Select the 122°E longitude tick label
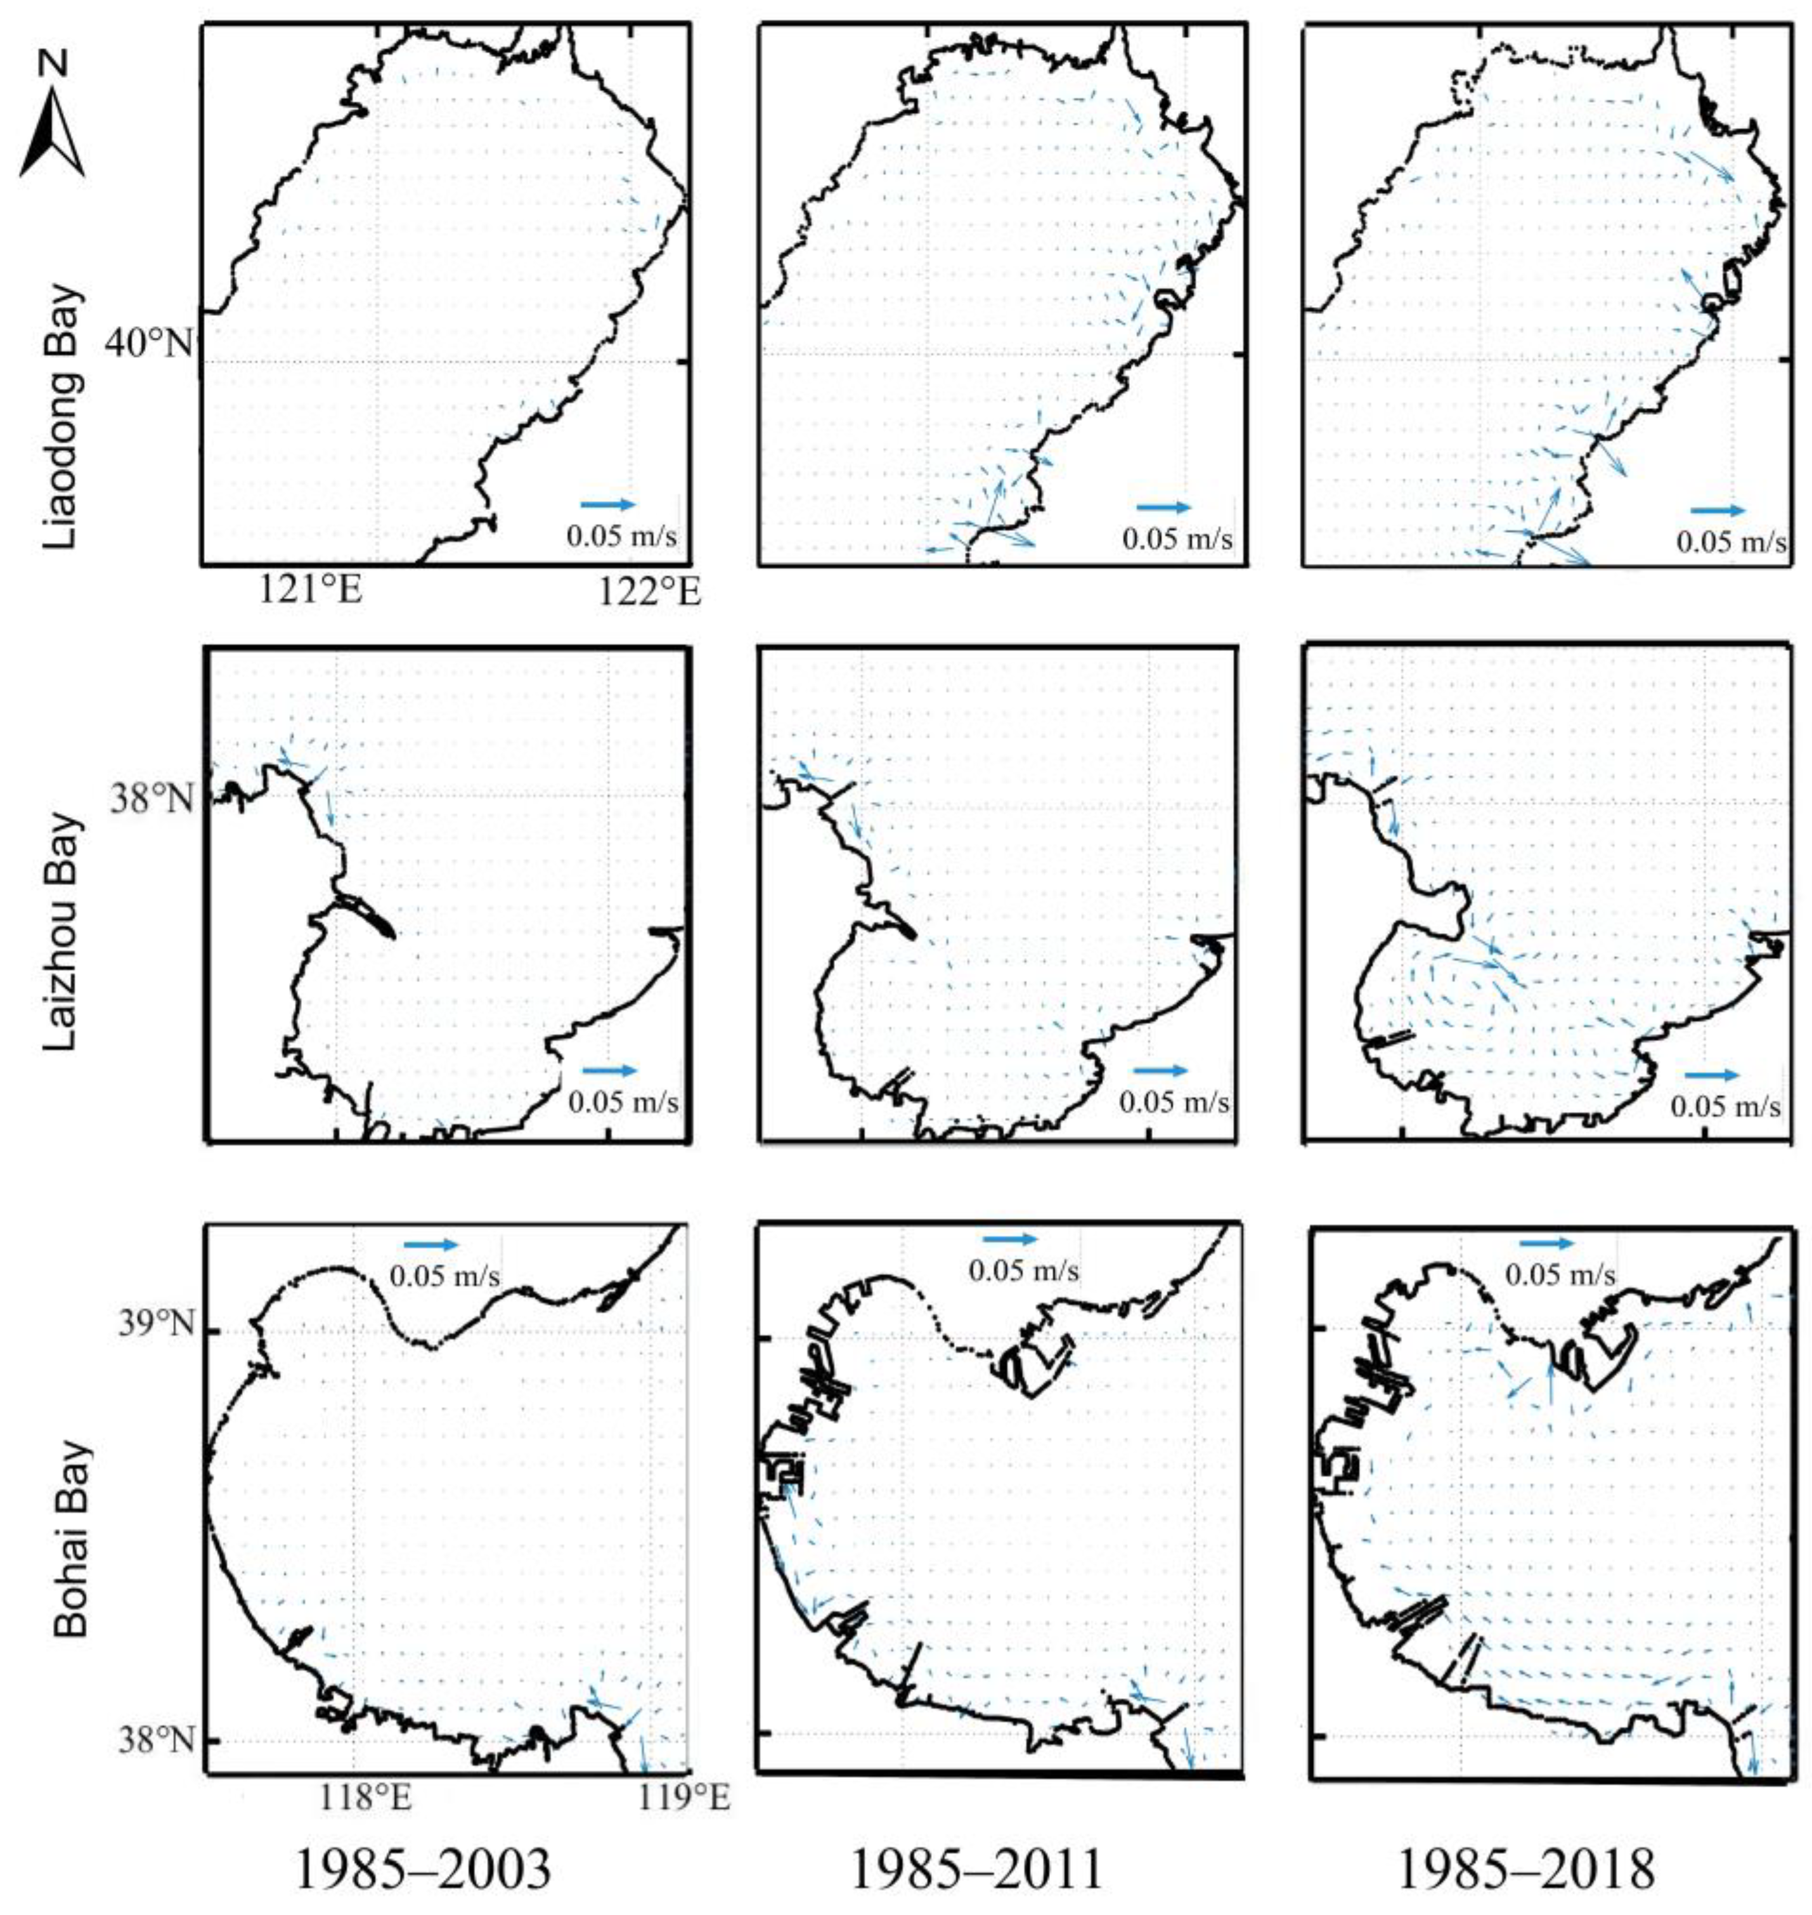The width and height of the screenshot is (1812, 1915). pyautogui.click(x=649, y=591)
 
